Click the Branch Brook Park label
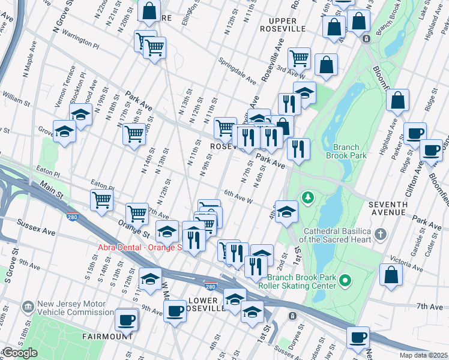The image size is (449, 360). click(x=343, y=151)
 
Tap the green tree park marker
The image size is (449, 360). click(x=308, y=197)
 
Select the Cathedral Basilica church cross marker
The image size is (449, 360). click(x=379, y=233)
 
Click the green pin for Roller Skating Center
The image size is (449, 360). click(x=345, y=280)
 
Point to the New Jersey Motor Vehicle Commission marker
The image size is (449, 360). click(x=28, y=307)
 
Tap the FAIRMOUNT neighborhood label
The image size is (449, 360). click(x=108, y=337)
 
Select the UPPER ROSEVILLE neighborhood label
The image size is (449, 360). click(x=283, y=25)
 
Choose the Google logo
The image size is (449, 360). click(x=19, y=353)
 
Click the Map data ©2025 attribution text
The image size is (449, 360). click(x=423, y=355)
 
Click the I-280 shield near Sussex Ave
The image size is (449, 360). click(x=73, y=217)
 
